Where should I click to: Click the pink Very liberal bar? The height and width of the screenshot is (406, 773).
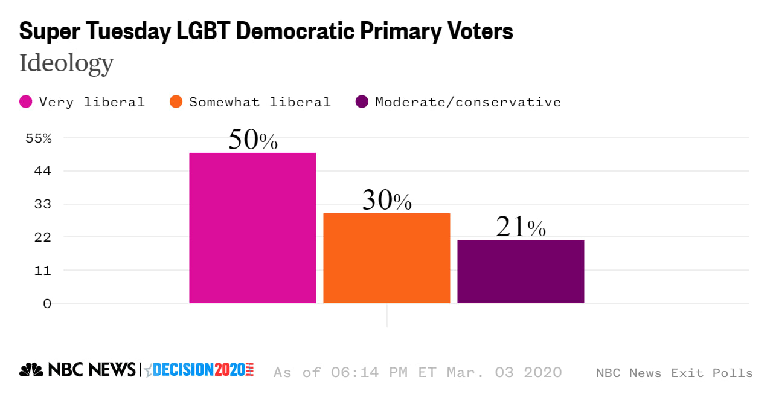coord(252,228)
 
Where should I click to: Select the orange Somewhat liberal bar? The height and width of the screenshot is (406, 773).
coord(386,258)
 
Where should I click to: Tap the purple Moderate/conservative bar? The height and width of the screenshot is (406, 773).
coord(521,271)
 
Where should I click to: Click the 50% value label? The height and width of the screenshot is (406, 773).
coord(252,140)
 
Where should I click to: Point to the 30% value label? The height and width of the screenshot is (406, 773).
coord(386,200)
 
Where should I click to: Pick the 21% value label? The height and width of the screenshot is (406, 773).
coord(521,227)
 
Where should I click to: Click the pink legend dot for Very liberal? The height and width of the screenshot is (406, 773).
coord(26,101)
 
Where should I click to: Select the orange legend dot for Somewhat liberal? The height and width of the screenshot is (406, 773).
coord(176,101)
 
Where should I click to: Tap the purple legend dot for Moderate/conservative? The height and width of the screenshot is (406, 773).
coord(362,101)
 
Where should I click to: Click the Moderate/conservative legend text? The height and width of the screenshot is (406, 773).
coord(468,101)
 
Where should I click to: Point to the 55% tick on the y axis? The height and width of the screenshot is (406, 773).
coord(39,138)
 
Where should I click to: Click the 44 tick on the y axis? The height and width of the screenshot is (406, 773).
coord(43,171)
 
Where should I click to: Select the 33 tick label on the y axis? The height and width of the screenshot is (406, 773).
coord(43,204)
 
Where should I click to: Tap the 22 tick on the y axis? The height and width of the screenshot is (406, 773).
coord(43,237)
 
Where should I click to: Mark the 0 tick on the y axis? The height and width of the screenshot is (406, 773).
coord(47,303)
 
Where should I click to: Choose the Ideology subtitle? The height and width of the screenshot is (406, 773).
coord(66,63)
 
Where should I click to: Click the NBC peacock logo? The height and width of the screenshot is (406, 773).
coord(31,369)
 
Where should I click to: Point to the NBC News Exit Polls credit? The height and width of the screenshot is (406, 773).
coord(674,373)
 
